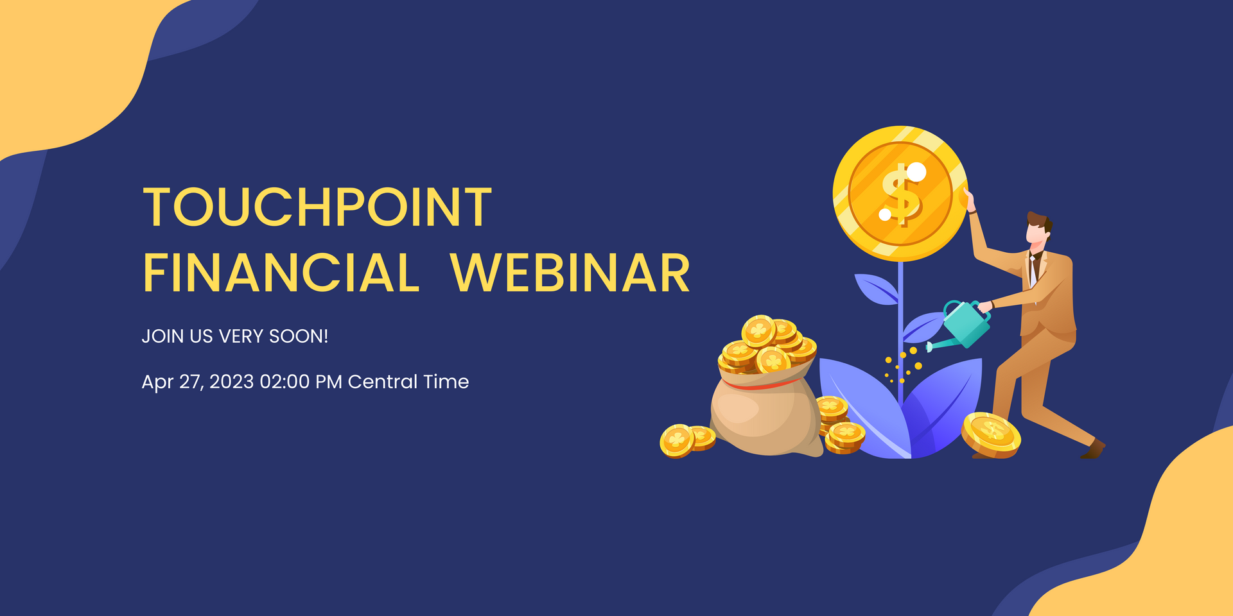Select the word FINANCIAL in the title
coord(281,273)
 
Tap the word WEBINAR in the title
coord(570,273)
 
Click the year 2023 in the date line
coord(232,382)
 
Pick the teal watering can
coord(963,325)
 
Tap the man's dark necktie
coord(1033,269)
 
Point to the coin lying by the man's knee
coord(991,434)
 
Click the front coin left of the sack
coord(677,441)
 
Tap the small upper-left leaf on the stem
coord(876,288)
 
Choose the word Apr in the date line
coord(157,382)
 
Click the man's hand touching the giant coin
coord(968,200)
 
